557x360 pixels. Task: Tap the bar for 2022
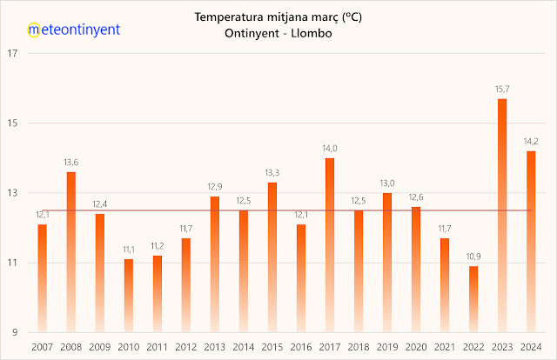[473, 299]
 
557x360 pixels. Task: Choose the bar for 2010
[128, 296]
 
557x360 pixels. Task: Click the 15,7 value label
[502, 90]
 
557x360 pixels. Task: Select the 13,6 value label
[70, 163]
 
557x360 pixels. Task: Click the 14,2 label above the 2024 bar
[531, 142]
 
